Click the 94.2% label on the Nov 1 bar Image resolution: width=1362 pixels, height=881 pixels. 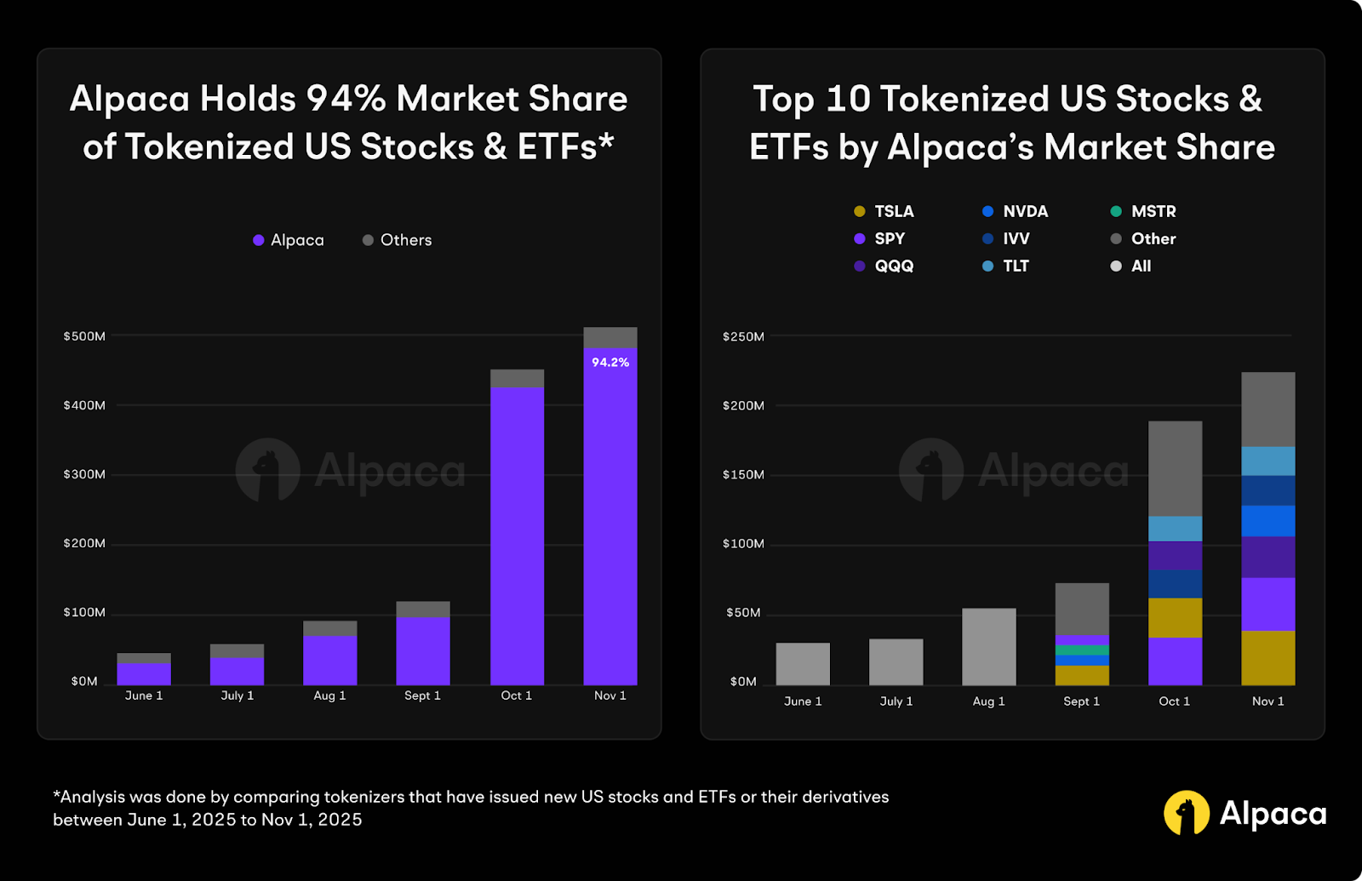pyautogui.click(x=610, y=363)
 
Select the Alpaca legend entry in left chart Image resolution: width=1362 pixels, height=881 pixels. pyautogui.click(x=289, y=240)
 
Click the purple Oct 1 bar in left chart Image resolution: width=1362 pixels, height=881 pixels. pyautogui.click(x=517, y=536)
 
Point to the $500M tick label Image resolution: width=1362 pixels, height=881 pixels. pyautogui.click(x=84, y=336)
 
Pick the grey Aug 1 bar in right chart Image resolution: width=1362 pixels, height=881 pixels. pyautogui.click(x=988, y=647)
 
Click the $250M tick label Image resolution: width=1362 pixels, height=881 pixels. pyautogui.click(x=743, y=336)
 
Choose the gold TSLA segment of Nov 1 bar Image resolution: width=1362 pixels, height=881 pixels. pyautogui.click(x=1268, y=657)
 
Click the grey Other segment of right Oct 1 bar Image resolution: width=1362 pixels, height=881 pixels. pyautogui.click(x=1175, y=468)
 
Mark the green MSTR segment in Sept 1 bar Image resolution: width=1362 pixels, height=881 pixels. pyautogui.click(x=1082, y=649)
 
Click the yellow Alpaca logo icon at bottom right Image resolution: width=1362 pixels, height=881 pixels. pyautogui.click(x=1186, y=813)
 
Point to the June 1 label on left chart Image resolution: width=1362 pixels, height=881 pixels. pyautogui.click(x=144, y=695)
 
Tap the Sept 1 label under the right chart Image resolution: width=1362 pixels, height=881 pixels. pyautogui.click(x=1081, y=701)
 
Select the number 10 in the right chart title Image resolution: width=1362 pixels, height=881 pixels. pyautogui.click(x=849, y=99)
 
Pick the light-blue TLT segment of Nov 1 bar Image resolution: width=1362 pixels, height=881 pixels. pyautogui.click(x=1268, y=461)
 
